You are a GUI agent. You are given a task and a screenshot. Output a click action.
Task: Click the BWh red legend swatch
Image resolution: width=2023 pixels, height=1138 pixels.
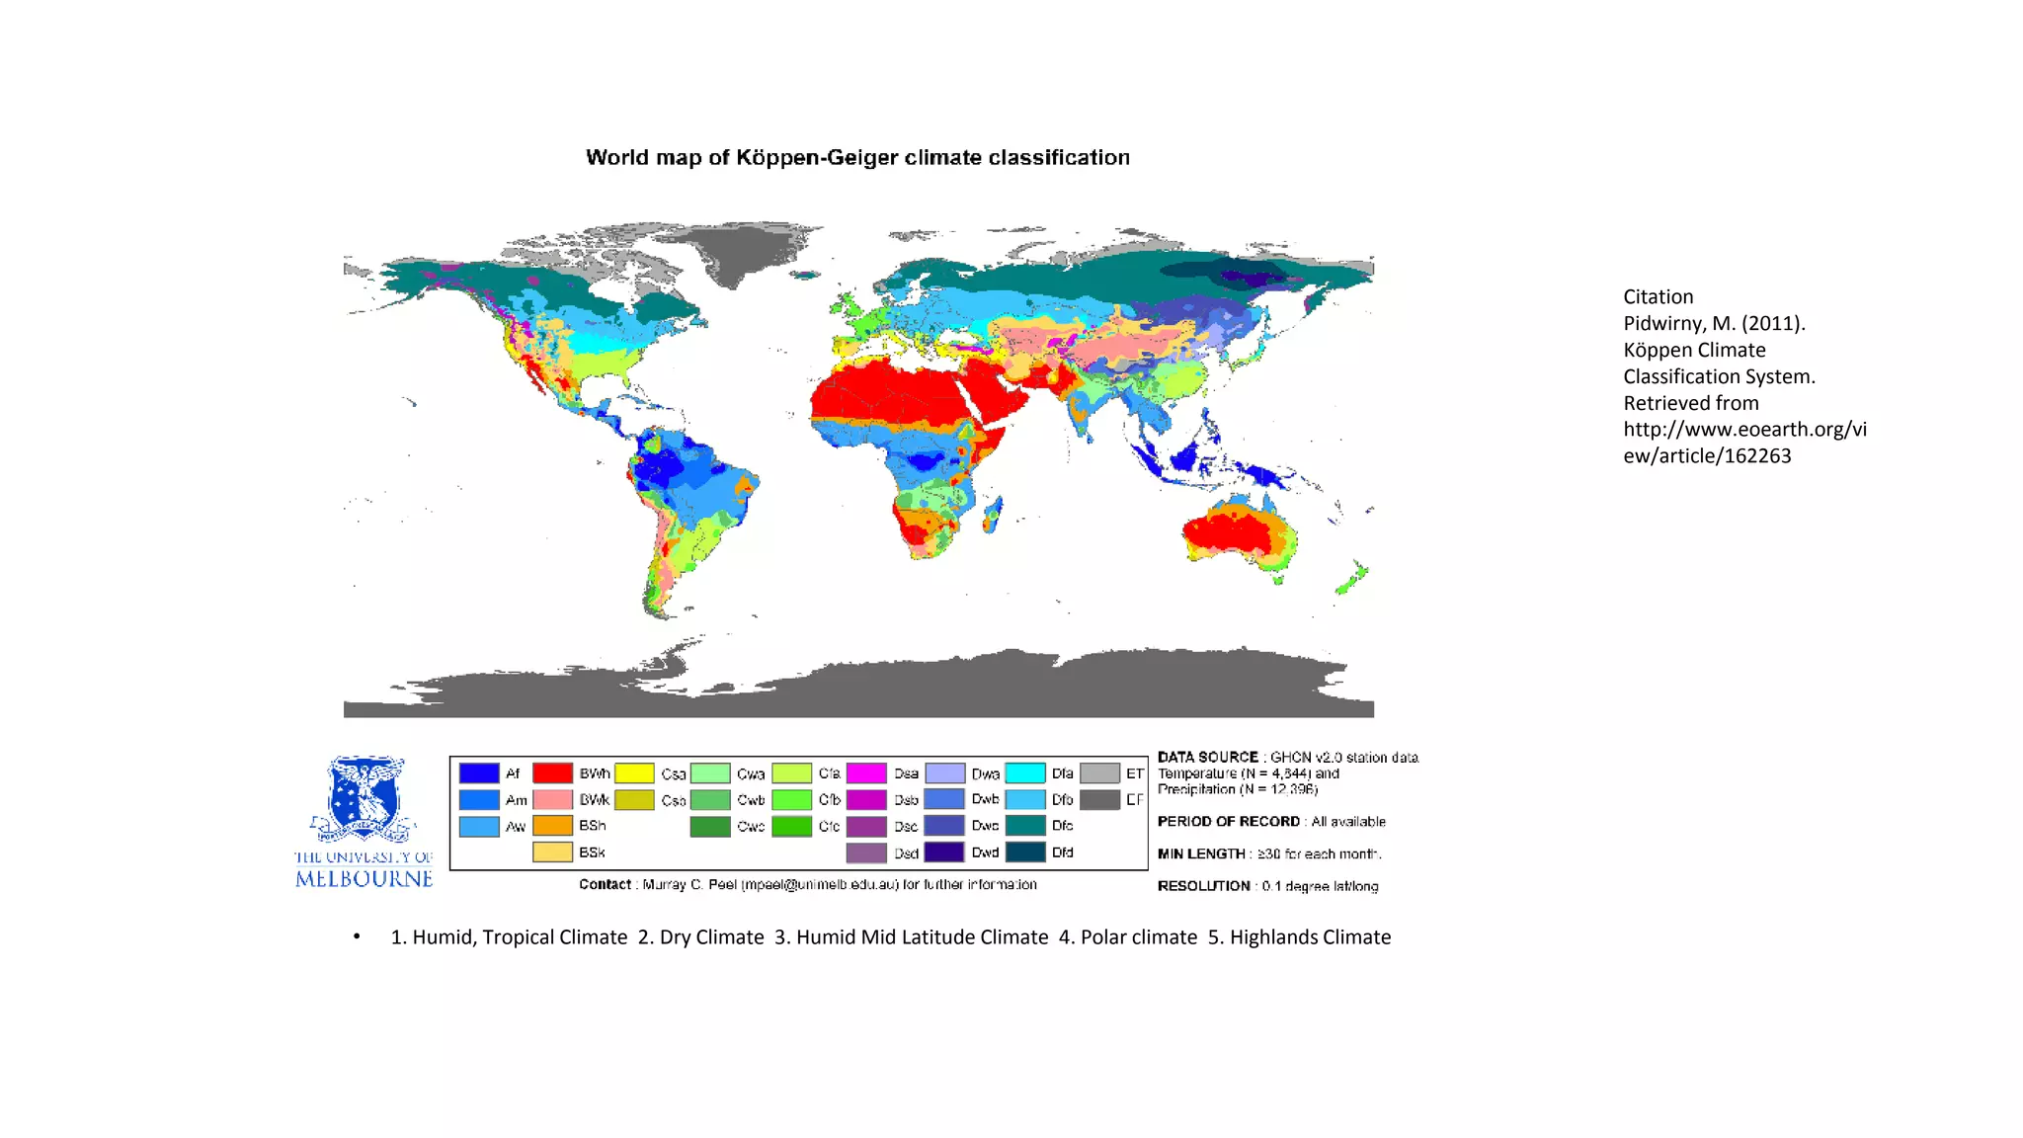pyautogui.click(x=552, y=773)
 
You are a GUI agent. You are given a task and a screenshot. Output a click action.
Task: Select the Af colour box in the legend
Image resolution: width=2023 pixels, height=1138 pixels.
pyautogui.click(x=479, y=773)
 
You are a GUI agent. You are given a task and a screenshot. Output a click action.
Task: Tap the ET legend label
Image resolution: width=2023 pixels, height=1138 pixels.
pyautogui.click(x=1134, y=773)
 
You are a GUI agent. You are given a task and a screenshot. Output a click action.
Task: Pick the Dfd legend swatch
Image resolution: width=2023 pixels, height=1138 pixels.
pyautogui.click(x=1025, y=852)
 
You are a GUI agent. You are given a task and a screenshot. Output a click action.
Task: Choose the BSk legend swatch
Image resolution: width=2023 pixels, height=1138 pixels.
pyautogui.click(x=552, y=852)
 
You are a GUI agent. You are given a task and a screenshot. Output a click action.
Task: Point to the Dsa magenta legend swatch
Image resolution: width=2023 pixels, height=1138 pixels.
pyautogui.click(x=866, y=773)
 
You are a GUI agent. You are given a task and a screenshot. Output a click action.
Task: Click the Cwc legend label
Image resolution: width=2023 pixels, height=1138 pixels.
pyautogui.click(x=751, y=826)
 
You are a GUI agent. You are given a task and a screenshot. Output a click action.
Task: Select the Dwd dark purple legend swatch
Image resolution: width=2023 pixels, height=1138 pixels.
pyautogui.click(x=944, y=852)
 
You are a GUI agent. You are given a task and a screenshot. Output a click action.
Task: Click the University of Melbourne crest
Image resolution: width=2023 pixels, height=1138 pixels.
pyautogui.click(x=364, y=798)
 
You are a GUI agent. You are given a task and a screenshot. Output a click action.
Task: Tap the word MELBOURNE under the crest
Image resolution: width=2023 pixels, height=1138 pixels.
pyautogui.click(x=364, y=879)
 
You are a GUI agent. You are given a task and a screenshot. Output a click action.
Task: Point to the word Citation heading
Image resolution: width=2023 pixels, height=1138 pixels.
pyautogui.click(x=1658, y=296)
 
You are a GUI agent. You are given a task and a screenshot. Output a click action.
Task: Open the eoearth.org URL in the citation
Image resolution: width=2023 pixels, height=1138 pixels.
pyautogui.click(x=1743, y=443)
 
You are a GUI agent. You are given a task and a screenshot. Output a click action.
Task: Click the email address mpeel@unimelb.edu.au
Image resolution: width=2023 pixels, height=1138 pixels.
pyautogui.click(x=819, y=884)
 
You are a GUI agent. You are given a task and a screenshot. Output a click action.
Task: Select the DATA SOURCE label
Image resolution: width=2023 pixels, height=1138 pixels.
pyautogui.click(x=1207, y=758)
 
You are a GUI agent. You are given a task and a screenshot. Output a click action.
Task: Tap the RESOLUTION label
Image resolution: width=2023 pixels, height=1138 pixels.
pyautogui.click(x=1203, y=886)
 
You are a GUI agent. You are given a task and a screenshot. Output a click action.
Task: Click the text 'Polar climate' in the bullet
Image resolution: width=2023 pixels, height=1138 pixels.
pyautogui.click(x=1138, y=936)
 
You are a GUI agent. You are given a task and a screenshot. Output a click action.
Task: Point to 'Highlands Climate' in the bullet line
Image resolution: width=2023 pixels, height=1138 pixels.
pyautogui.click(x=1310, y=936)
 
